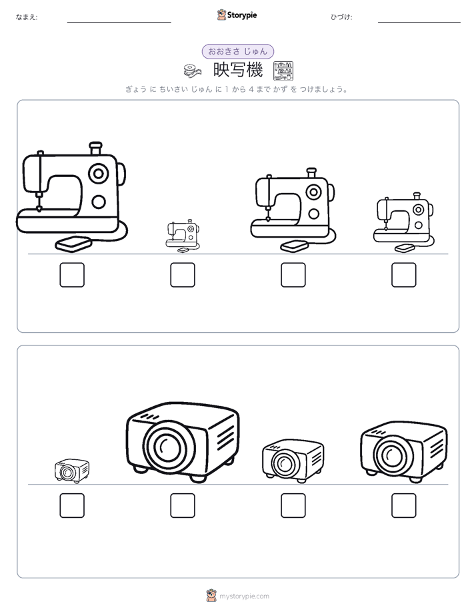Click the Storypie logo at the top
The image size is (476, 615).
coord(237,15)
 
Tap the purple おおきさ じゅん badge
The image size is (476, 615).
coord(237,51)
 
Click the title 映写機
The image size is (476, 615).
coord(238,71)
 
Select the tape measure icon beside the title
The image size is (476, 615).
coord(193,71)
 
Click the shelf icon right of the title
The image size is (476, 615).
coord(283,71)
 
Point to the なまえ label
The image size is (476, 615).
coord(27,17)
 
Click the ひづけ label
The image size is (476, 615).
coord(341,17)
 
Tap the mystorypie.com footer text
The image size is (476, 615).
coord(244,596)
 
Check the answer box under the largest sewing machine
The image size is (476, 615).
coord(72,275)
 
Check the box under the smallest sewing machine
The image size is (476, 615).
coord(183,275)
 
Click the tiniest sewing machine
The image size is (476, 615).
coord(183,236)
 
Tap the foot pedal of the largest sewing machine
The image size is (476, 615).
coord(73,244)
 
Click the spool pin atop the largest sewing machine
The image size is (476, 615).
coord(95,148)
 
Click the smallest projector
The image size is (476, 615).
coord(72,471)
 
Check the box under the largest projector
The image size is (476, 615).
coord(183,506)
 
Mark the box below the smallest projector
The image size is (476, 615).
coord(72,506)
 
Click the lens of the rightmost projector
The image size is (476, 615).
coord(392,455)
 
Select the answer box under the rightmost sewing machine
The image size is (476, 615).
coord(404,275)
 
